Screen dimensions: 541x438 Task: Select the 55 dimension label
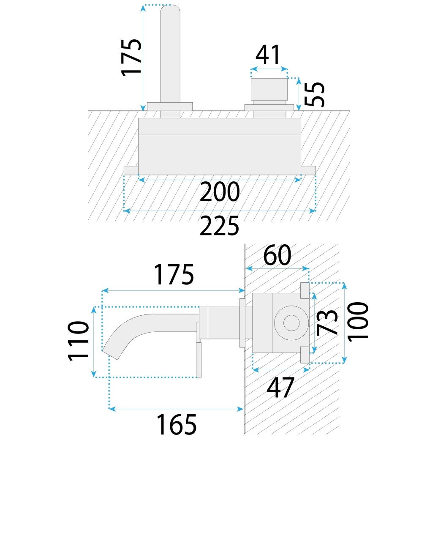pos(316,94)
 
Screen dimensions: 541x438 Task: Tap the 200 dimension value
pos(219,192)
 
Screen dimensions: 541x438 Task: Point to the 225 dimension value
pos(219,226)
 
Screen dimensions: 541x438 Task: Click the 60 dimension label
pos(277,256)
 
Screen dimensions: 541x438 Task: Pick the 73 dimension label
pos(328,322)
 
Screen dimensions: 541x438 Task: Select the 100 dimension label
pos(359,320)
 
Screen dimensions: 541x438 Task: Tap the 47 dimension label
pos(280,388)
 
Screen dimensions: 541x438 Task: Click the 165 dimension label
pos(177,425)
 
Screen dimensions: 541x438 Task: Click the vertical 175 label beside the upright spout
pos(131,57)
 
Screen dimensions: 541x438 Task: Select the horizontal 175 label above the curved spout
pos(173,275)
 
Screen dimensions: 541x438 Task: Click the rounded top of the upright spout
pos(171,11)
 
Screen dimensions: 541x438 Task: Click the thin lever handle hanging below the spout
pos(199,359)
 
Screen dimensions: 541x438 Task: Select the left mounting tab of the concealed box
pos(131,170)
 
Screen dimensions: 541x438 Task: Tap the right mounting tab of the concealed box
pos(308,170)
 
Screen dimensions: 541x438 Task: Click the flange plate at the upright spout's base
pos(170,106)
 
